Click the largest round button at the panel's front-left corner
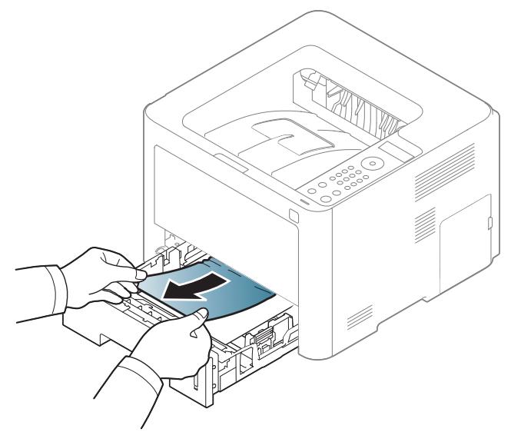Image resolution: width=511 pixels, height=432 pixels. tap(326, 198)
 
